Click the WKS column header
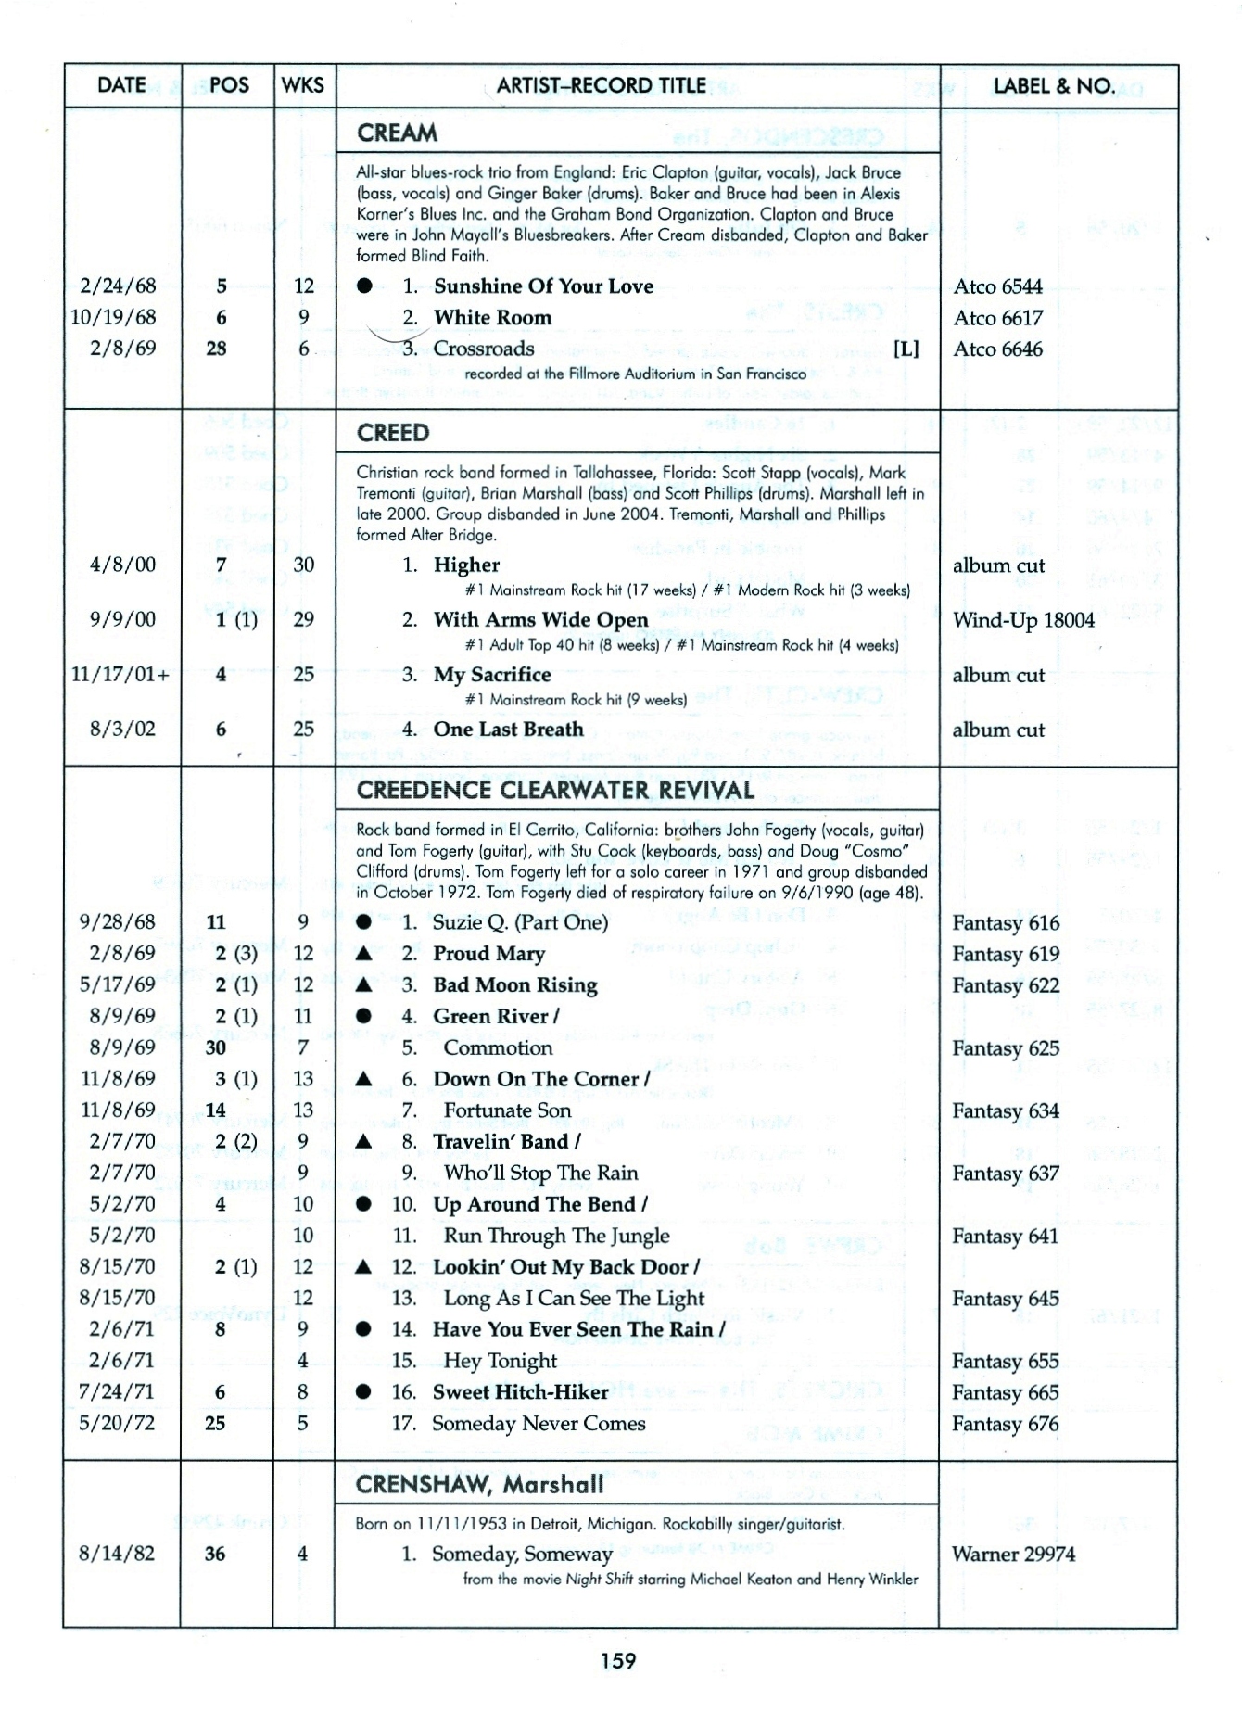(x=303, y=86)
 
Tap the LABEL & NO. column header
(x=1054, y=86)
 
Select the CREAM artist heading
(x=398, y=133)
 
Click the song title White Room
(x=492, y=318)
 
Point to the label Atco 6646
(x=998, y=349)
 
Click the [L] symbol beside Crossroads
(x=906, y=349)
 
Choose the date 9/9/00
(x=123, y=619)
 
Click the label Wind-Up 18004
(x=1023, y=620)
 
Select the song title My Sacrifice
(x=491, y=675)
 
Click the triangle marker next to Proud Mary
(x=364, y=954)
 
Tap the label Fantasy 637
(x=1006, y=1174)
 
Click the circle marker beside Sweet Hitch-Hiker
(x=364, y=1392)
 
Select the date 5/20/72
(x=118, y=1423)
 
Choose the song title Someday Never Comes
(x=539, y=1424)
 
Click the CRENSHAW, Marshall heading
(x=479, y=1485)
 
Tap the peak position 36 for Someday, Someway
(x=215, y=1555)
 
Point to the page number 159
(x=618, y=1660)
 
